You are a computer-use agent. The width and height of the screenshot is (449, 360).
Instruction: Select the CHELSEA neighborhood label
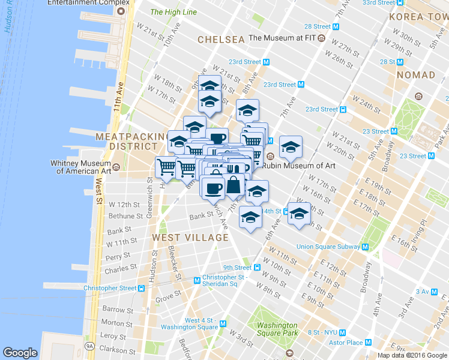tap(221, 40)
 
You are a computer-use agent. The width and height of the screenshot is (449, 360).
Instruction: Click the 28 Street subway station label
tap(318, 26)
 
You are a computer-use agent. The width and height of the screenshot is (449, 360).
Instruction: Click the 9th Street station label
tap(237, 268)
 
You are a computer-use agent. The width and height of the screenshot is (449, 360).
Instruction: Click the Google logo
tap(20, 353)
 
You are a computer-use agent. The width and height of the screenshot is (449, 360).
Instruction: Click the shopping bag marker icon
tap(235, 187)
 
